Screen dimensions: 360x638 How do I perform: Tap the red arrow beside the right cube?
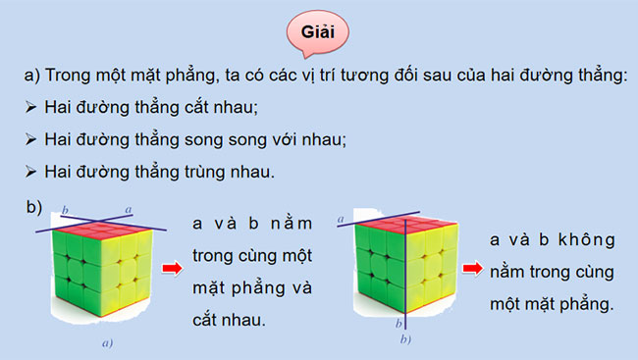pyautogui.click(x=472, y=268)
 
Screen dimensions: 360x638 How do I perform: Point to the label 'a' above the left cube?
pyautogui.click(x=128, y=209)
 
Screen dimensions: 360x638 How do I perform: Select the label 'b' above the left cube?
pyautogui.click(x=65, y=209)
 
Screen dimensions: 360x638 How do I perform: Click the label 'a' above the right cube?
pyautogui.click(x=340, y=222)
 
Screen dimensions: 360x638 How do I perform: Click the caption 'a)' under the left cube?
pyautogui.click(x=106, y=343)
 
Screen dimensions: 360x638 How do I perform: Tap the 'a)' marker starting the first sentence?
pyautogui.click(x=32, y=77)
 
